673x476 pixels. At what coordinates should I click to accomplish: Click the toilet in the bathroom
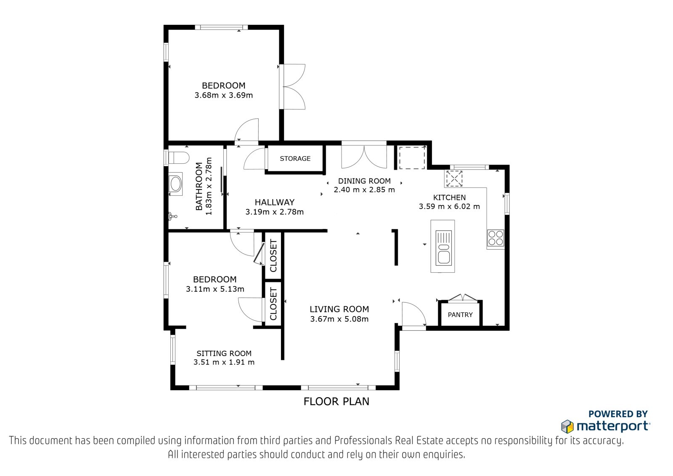(x=178, y=157)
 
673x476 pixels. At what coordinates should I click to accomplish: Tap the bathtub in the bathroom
(x=175, y=184)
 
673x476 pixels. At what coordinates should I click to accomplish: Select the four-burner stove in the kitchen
(x=495, y=238)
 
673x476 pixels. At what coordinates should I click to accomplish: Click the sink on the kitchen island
(x=443, y=247)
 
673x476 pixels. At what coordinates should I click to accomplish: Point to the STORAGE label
(x=295, y=159)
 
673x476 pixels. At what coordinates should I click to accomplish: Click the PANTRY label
(x=460, y=314)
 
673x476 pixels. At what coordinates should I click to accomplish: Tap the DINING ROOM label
(x=364, y=181)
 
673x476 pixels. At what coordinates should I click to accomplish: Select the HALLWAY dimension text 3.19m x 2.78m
(x=274, y=212)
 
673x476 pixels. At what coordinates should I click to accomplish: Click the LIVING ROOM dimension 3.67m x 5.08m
(x=339, y=319)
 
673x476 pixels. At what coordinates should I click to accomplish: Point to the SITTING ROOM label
(x=224, y=353)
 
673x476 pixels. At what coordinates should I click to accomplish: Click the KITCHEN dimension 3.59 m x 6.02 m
(x=449, y=207)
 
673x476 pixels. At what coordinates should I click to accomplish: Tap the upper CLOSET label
(x=273, y=255)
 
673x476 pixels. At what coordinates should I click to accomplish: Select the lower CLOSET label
(x=273, y=304)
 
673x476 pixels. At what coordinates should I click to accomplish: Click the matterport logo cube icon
(x=567, y=426)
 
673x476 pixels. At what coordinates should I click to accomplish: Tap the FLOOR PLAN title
(x=336, y=402)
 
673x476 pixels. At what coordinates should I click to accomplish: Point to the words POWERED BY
(x=618, y=414)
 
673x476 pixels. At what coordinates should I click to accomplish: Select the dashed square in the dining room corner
(x=412, y=158)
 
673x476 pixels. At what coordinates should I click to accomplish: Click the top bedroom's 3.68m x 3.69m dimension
(x=223, y=95)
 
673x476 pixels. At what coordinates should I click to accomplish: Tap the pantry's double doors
(x=463, y=298)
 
